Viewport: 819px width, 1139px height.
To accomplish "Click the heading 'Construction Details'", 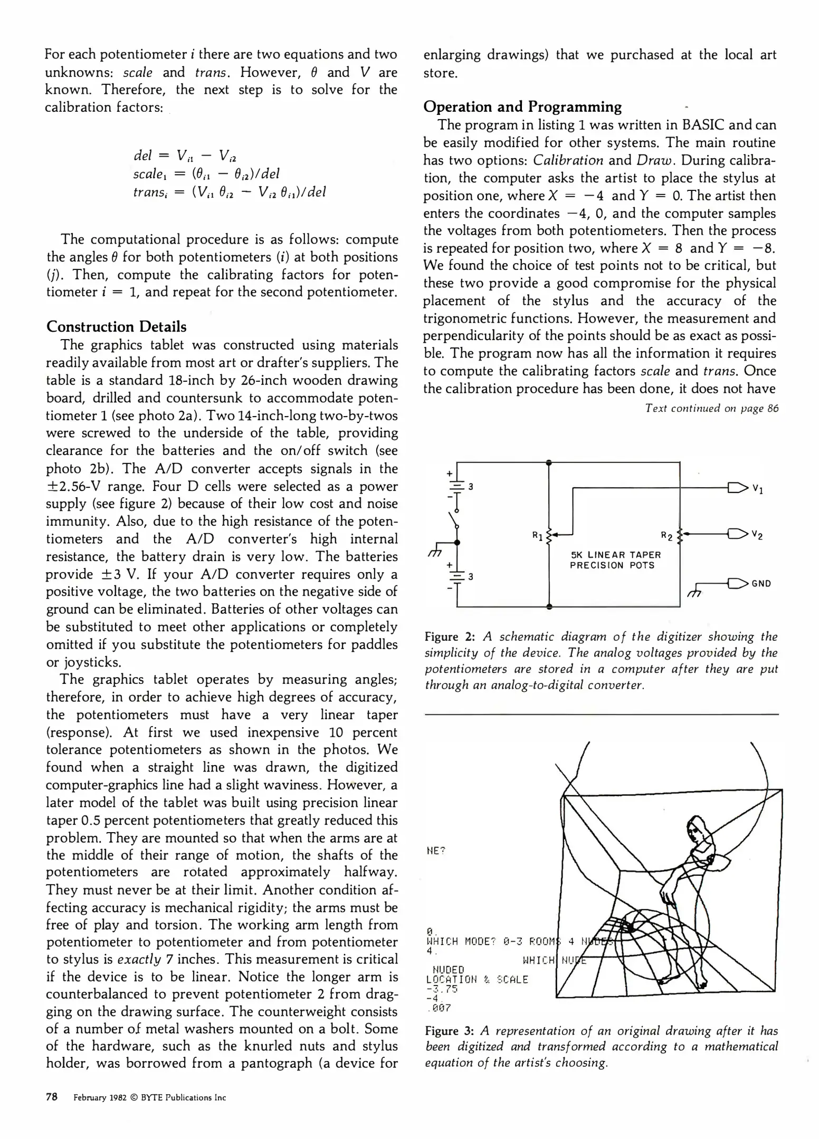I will point(116,327).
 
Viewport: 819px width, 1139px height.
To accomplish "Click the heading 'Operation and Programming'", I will point(522,107).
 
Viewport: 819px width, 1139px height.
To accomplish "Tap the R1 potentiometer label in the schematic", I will point(537,536).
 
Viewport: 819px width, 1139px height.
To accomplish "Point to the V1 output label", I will point(757,489).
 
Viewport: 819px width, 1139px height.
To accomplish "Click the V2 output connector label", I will point(757,535).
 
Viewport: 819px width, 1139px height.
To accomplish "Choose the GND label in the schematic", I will point(761,583).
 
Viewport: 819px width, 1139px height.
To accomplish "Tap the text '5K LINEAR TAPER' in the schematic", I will point(615,555).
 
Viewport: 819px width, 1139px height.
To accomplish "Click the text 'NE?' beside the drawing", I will point(436,850).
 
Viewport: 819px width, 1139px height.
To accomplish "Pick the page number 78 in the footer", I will point(52,1097).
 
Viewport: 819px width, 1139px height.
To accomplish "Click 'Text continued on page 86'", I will point(711,408).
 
